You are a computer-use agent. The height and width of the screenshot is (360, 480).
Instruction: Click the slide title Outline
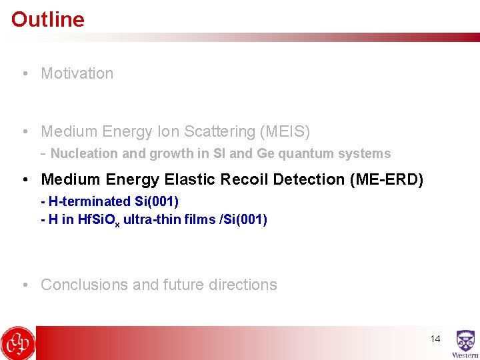coord(48,19)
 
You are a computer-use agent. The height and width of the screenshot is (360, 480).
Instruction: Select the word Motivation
coord(77,73)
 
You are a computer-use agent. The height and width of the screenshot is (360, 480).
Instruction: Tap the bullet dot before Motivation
coord(25,73)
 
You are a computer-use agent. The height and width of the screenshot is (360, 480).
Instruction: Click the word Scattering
coord(217,132)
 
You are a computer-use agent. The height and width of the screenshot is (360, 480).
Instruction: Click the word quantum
coord(303,153)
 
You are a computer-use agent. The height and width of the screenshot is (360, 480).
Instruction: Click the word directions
coord(243,285)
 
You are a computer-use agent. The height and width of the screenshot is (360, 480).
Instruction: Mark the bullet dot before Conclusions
coord(25,285)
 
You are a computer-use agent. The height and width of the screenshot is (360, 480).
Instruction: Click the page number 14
coord(435,339)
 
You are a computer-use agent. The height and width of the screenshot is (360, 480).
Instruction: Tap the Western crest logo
coord(465,343)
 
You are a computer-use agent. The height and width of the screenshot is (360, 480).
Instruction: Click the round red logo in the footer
coord(18,343)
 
